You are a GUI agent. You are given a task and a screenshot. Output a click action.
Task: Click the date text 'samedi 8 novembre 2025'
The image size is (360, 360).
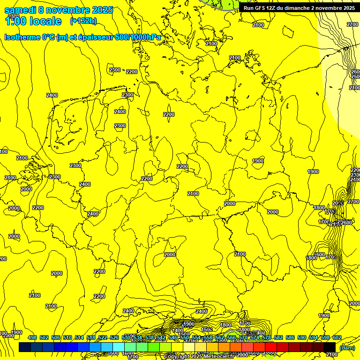pos(59,10)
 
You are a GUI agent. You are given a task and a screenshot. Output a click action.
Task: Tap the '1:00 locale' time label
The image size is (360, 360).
pos(33,21)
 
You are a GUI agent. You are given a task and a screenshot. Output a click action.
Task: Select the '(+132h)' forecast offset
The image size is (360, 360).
pos(83,21)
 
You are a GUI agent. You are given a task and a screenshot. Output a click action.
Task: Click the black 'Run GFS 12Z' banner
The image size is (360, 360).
pos(299,7)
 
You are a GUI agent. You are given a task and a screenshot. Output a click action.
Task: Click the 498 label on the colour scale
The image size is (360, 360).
pos(32,338)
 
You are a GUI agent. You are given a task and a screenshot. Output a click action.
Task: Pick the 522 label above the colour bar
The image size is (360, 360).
pos(103,338)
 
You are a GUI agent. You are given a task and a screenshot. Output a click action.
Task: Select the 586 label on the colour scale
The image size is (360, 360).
pos(290,338)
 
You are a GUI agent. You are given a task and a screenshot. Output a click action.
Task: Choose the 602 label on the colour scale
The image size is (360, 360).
pos(337,338)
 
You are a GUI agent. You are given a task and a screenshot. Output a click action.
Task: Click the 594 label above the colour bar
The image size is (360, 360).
pos(314,338)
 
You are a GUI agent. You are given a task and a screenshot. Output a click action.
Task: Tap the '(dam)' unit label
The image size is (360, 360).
pos(347,348)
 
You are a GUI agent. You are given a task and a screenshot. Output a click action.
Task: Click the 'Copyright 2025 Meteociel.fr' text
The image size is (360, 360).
pos(199,357)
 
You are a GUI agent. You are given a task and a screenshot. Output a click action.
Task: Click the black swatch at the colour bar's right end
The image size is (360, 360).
pos(330,347)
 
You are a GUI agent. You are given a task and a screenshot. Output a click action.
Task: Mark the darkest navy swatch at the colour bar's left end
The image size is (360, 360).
pos(25,347)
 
